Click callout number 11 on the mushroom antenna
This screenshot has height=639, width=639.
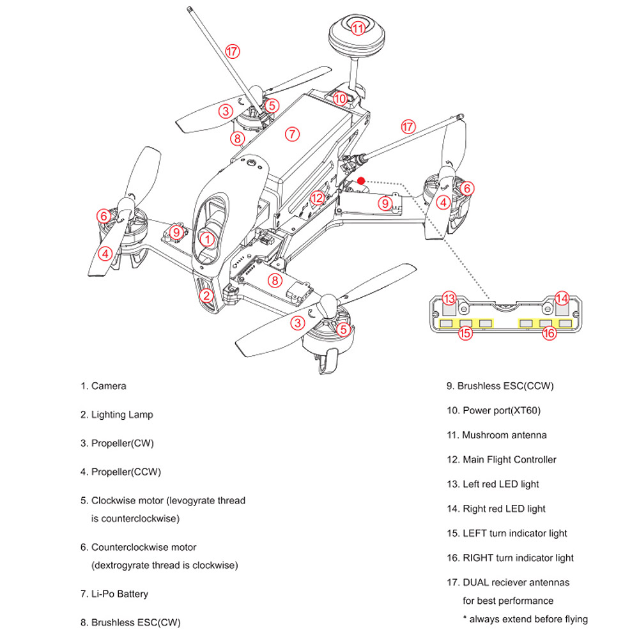coord(357,27)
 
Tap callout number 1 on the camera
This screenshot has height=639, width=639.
coord(206,239)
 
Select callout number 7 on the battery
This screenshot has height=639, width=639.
coord(291,134)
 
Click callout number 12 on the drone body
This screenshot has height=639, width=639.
coord(318,198)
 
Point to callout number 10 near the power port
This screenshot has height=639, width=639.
coord(339,98)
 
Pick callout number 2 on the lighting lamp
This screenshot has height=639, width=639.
coord(206,295)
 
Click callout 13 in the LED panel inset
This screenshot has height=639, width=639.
coord(449,298)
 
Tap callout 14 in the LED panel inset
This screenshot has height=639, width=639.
coord(562,298)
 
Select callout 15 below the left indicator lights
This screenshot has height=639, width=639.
coord(465,332)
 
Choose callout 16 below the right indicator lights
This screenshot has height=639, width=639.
coord(550,332)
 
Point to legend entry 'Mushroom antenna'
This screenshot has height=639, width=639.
coord(504,435)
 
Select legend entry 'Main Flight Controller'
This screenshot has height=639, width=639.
coord(509,459)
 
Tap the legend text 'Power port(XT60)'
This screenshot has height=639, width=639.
coord(497,410)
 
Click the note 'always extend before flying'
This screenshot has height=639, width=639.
coord(528,619)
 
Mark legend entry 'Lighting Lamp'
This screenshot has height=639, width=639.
coord(122,415)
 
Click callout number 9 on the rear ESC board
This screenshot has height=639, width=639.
coord(384,203)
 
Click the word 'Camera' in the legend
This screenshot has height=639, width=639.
coord(109,386)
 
